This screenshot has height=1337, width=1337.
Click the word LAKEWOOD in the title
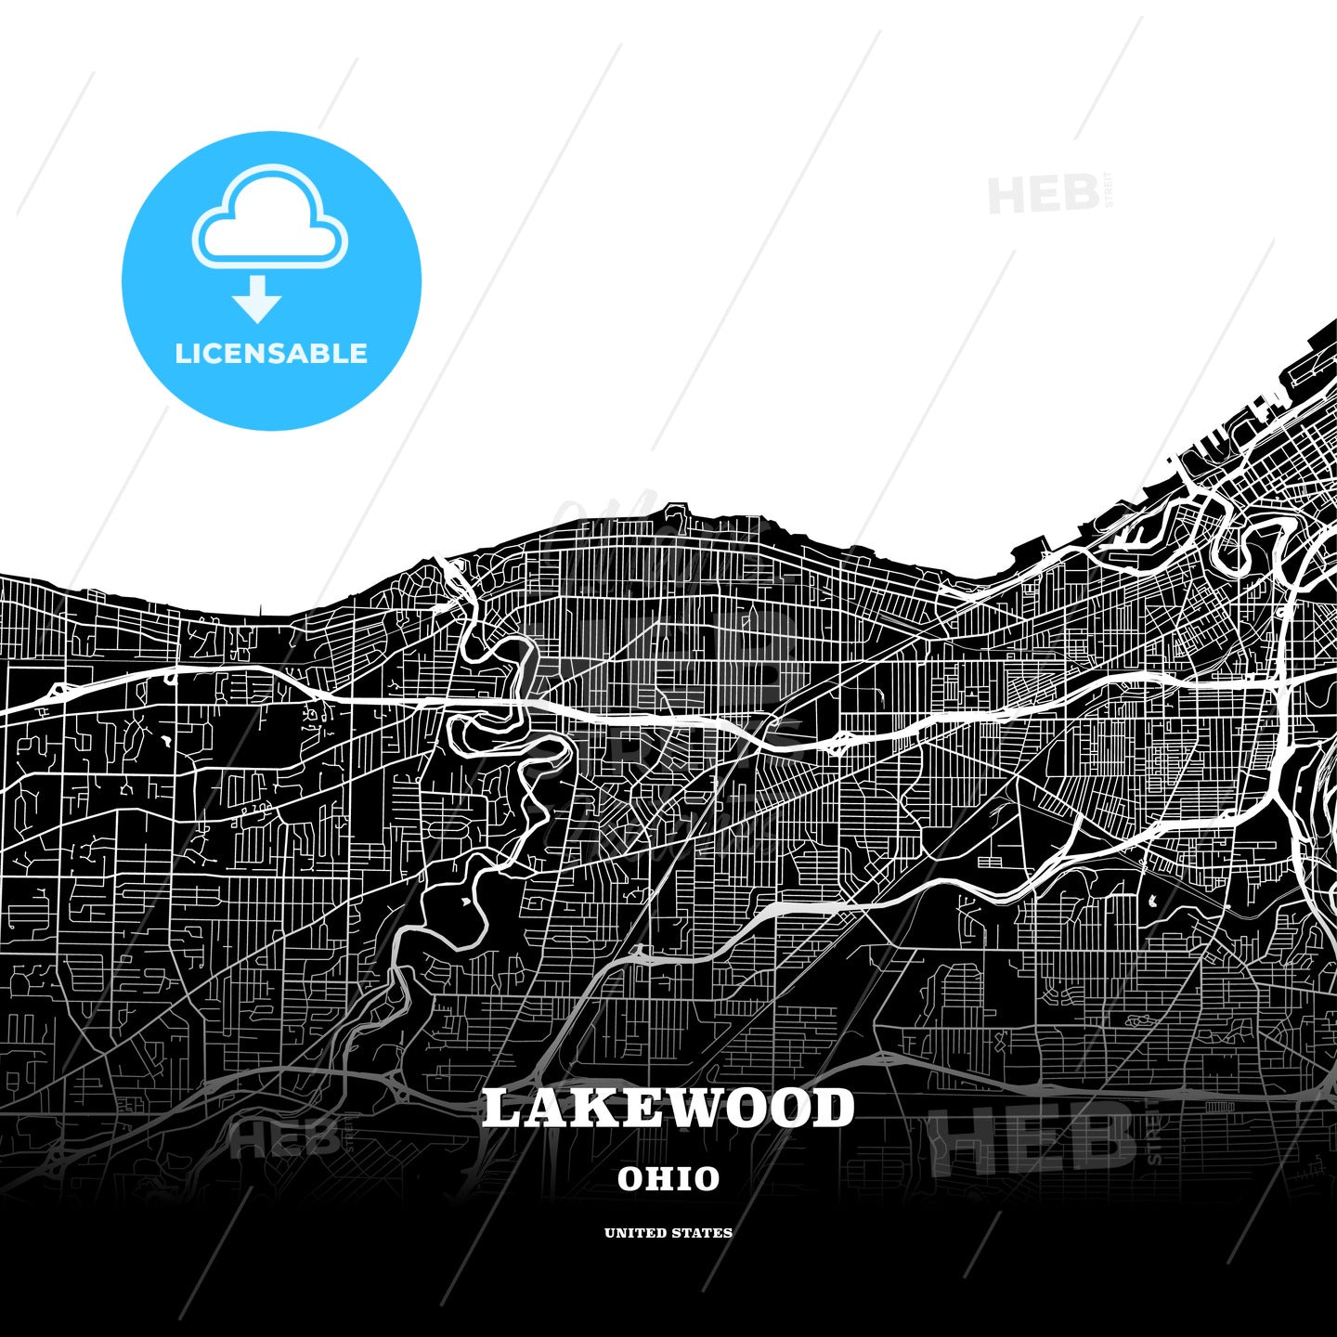coord(668,1110)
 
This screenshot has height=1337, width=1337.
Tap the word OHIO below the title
coord(668,1179)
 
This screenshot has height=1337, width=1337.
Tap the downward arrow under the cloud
coord(257,299)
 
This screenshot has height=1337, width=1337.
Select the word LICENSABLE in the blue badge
coord(271,354)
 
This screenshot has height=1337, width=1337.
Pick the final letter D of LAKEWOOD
coord(834,1110)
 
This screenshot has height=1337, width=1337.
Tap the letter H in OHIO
coord(656,1179)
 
